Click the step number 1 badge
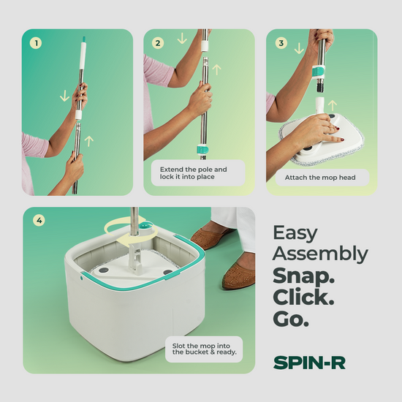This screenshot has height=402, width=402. click(36, 43)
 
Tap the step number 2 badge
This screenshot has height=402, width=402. click(158, 43)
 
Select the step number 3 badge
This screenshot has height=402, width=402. click(281, 43)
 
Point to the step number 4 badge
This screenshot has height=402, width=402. click(39, 220)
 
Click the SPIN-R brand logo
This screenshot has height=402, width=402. click(309, 363)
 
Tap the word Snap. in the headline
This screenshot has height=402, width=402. click(303, 276)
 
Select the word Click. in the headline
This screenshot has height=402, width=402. click(303, 297)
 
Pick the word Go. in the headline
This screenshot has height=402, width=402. click(291, 319)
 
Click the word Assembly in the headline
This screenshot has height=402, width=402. click(320, 254)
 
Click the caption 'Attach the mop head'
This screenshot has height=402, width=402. click(320, 178)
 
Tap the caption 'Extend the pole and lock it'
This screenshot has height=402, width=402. click(193, 173)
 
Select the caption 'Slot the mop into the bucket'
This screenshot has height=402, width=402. click(205, 349)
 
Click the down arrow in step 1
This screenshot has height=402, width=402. click(64, 96)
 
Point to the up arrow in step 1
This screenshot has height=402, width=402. click(89, 141)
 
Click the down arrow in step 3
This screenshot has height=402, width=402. click(299, 48)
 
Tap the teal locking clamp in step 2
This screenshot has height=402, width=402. click(202, 150)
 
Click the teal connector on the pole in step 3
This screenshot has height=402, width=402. click(319, 72)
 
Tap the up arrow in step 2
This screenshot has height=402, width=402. click(216, 69)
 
